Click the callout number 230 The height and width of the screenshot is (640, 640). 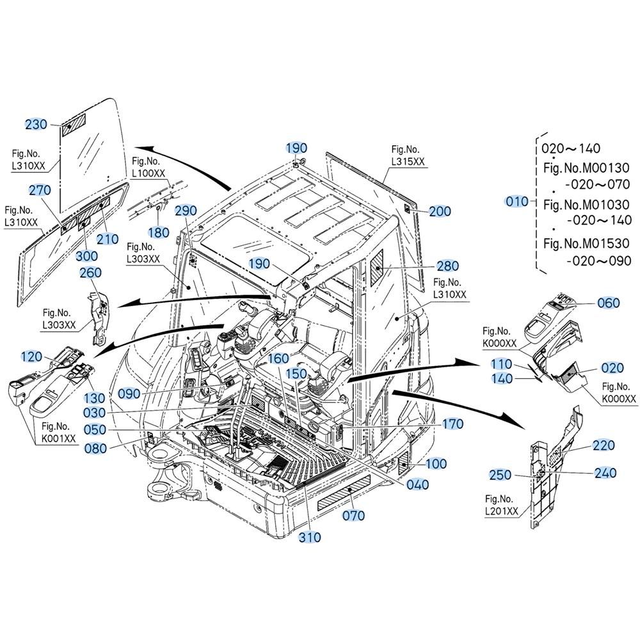[36, 124]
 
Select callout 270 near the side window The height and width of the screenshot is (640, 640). [40, 190]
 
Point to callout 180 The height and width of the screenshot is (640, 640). [158, 232]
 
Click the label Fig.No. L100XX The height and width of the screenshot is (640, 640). [148, 167]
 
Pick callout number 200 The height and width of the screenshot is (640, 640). [440, 212]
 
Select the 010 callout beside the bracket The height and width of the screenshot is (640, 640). [517, 202]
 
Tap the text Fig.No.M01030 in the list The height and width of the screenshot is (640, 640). [586, 205]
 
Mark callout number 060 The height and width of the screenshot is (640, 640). [608, 303]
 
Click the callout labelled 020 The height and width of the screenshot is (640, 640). [612, 368]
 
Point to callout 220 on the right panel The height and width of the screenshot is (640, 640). [604, 445]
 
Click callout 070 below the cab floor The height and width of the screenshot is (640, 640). [353, 515]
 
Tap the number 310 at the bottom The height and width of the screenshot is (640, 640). [310, 538]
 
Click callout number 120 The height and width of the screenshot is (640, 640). [31, 357]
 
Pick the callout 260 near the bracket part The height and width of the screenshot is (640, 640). [90, 273]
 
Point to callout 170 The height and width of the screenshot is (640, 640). [452, 424]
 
